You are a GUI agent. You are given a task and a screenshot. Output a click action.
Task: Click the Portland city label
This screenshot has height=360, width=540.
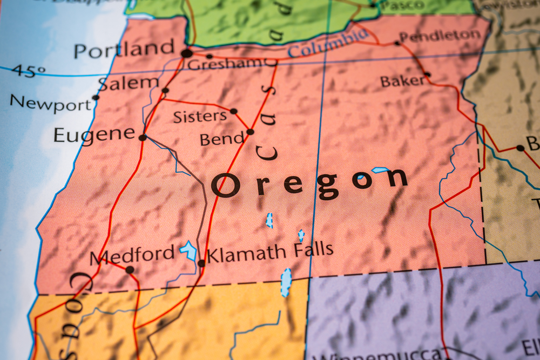pos(124,49)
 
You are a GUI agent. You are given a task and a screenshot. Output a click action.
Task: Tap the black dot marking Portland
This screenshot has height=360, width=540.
pos(187,53)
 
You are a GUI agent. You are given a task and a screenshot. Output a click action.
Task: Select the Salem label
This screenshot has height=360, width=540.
pos(128,83)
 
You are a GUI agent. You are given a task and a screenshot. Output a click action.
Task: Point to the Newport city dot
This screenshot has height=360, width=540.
pos(96,98)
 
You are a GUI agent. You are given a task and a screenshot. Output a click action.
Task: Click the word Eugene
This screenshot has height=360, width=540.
pos(94,134)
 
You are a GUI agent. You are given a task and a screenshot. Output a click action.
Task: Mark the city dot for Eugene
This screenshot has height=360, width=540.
pos(143,138)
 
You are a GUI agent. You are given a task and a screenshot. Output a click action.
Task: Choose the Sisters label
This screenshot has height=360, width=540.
pos(200,116)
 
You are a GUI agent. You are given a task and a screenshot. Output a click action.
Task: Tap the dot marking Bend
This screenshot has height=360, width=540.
pos(250,132)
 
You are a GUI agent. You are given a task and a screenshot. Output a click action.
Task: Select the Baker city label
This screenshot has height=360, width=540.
pos(402,81)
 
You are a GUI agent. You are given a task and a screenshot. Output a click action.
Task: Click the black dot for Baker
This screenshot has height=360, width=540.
pos(427,74)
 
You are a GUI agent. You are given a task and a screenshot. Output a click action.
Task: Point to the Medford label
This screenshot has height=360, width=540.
pos(132,254)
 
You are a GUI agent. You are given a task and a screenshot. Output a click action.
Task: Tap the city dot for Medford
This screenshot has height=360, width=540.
pos(130,269)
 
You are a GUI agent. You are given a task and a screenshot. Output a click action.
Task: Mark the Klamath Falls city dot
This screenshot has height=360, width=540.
pos(201,263)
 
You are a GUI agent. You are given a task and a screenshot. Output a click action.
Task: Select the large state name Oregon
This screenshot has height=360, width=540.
pos(309,182)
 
